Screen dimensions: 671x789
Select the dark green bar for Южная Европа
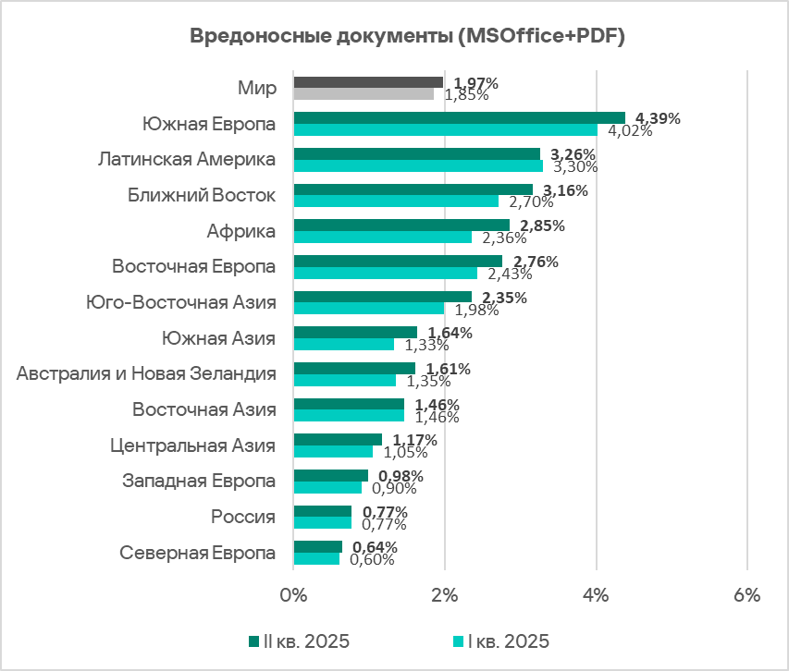pos(460,117)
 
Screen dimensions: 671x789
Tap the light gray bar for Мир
pos(364,93)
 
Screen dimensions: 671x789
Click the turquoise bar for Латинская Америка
pos(418,165)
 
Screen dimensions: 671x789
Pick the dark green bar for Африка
pos(401,225)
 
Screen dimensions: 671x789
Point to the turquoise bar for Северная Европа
pos(316,558)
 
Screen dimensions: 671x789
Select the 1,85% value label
pos(466,94)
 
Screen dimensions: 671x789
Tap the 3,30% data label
pos(574,166)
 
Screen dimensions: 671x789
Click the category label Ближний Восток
pos(201,195)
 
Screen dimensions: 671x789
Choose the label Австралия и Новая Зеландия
pos(147,373)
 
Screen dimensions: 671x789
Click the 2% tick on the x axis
pos(445,596)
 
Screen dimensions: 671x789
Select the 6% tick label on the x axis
pos(746,596)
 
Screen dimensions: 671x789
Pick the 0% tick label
pos(293,596)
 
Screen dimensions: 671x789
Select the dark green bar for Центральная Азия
pos(338,439)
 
